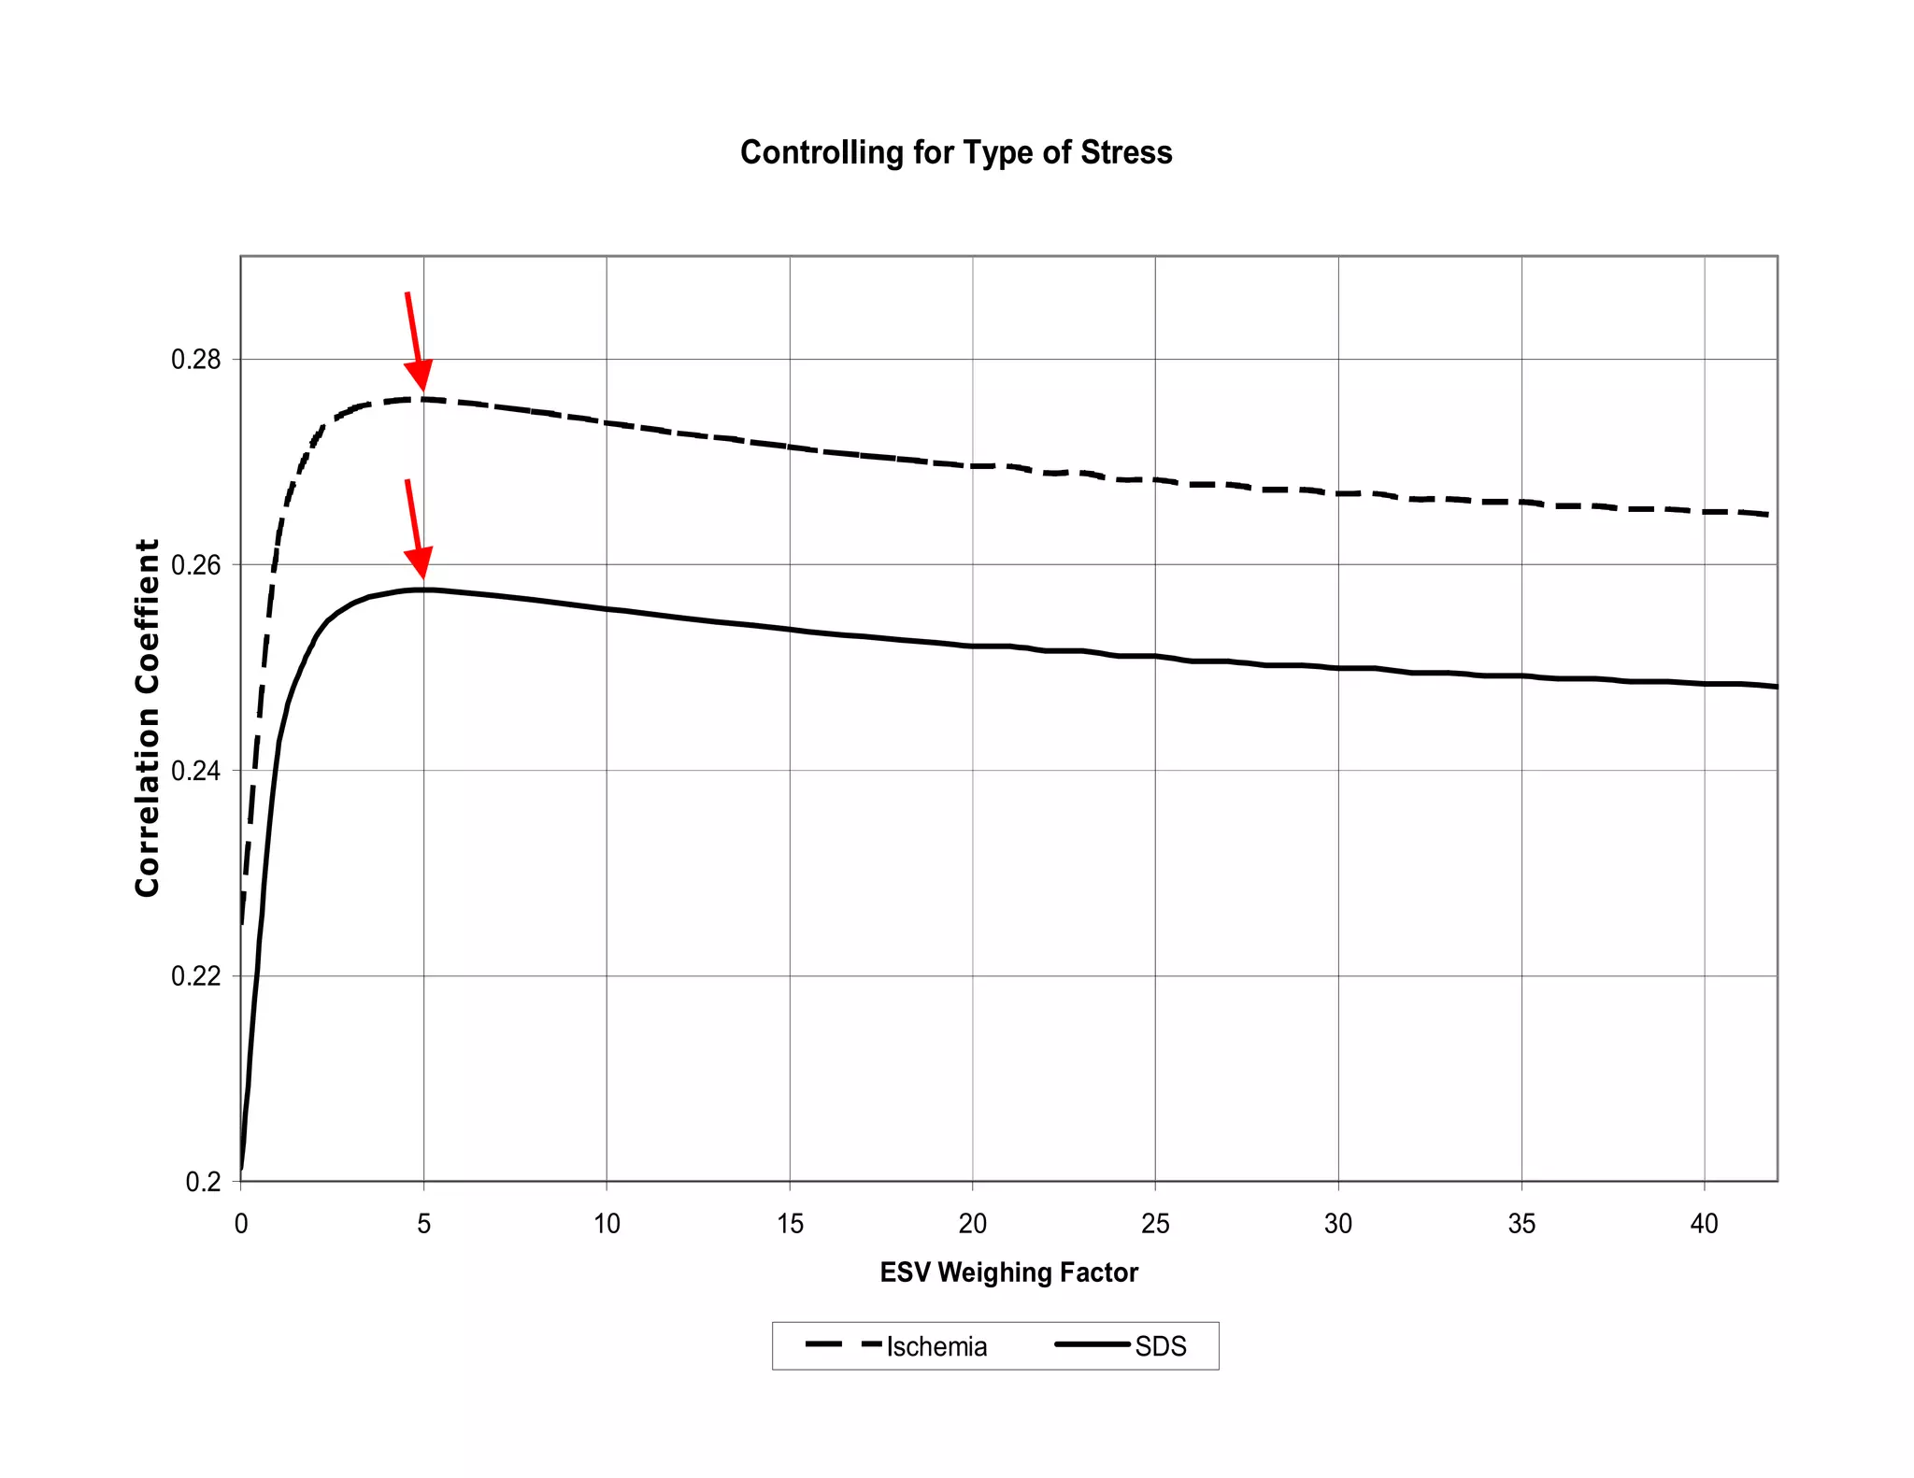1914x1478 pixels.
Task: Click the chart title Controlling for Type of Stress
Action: coord(955,152)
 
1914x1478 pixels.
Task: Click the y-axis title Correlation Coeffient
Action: coord(148,718)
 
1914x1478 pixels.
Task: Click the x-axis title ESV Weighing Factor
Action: coord(1008,1272)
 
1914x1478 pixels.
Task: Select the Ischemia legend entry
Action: coord(936,1346)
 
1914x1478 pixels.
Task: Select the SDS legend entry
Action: coord(1160,1346)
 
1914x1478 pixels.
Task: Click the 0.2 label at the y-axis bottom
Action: coord(203,1182)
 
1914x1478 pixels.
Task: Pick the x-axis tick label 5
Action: coord(423,1224)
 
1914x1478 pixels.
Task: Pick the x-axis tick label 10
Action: coord(607,1224)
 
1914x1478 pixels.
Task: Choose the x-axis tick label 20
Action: coord(972,1224)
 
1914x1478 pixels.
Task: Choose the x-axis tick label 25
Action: coord(1155,1224)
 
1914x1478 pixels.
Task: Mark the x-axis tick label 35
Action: coord(1521,1224)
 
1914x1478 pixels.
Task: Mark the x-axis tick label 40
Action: coord(1704,1224)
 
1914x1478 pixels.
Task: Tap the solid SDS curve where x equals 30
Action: coord(1338,668)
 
